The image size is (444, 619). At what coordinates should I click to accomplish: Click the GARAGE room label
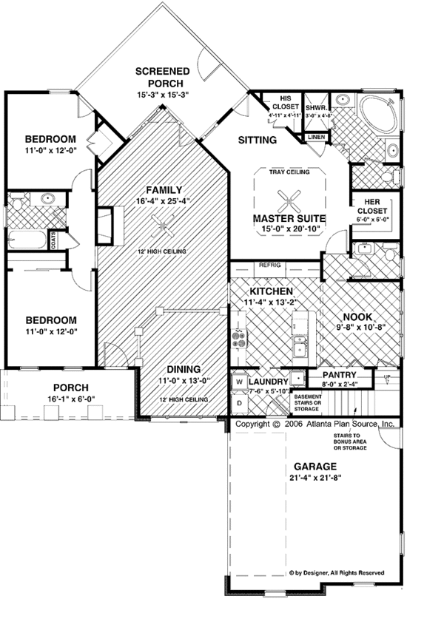tap(315, 467)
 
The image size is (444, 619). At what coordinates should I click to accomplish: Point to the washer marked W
tap(239, 382)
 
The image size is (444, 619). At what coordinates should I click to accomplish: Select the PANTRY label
tap(340, 375)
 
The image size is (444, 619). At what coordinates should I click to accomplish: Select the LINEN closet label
tap(315, 138)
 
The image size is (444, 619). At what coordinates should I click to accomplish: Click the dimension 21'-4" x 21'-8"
tap(315, 478)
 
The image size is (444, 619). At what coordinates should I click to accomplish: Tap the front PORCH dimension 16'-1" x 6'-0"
tap(71, 400)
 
